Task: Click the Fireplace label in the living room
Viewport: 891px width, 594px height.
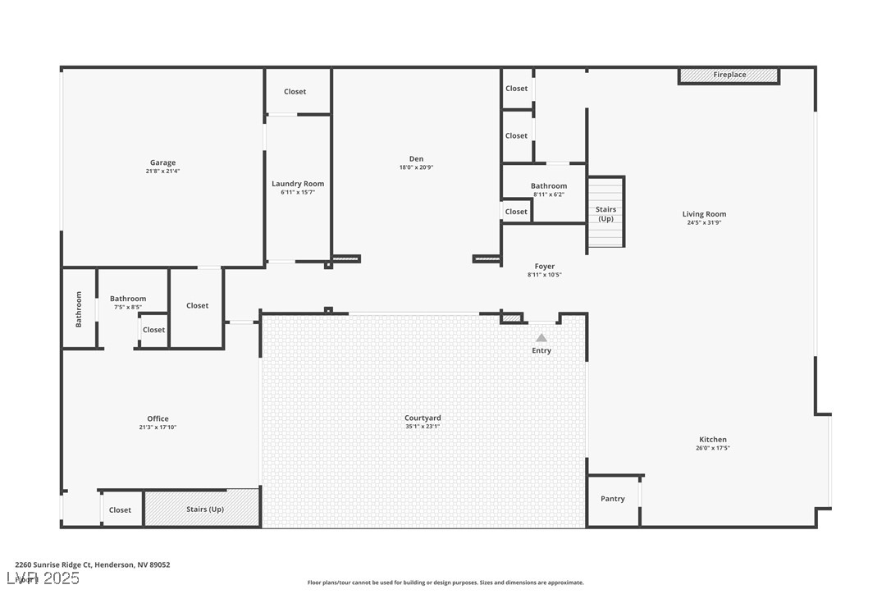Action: click(x=729, y=75)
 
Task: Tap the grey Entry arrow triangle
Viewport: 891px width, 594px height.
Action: click(x=541, y=337)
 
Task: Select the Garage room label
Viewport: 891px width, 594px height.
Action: click(x=162, y=162)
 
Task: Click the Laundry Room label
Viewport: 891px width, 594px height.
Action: click(x=298, y=184)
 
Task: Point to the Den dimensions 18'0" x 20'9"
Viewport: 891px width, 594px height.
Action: click(x=417, y=167)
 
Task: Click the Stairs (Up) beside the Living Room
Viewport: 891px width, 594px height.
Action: click(x=605, y=214)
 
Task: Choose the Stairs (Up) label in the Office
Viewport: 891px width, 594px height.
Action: click(x=205, y=509)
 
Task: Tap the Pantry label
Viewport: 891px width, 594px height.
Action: click(x=612, y=499)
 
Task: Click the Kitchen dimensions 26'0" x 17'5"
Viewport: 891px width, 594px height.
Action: click(x=713, y=448)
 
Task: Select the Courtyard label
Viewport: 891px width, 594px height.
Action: click(x=423, y=418)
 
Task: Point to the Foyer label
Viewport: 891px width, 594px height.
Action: click(x=545, y=267)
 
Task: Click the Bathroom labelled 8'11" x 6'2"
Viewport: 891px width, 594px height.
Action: click(x=549, y=186)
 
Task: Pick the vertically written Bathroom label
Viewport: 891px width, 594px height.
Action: click(x=80, y=309)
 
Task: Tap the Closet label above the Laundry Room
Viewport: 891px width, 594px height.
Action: click(x=295, y=92)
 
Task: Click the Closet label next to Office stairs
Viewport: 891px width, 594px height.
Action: click(x=120, y=510)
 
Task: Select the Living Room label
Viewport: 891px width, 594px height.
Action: click(x=704, y=214)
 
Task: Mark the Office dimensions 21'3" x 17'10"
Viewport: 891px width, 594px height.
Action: click(x=158, y=427)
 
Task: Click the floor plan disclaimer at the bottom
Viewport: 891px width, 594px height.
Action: click(x=445, y=583)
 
